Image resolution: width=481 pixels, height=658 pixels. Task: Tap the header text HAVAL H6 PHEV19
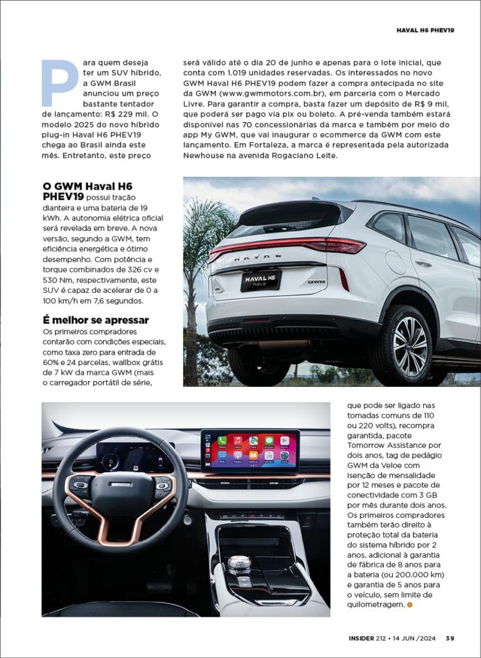[425, 30]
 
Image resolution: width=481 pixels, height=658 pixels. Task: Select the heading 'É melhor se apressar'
[95, 320]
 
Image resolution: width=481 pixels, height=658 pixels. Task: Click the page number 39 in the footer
[450, 638]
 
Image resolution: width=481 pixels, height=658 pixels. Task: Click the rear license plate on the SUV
[260, 281]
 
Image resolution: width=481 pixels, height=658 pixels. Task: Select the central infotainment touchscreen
[250, 451]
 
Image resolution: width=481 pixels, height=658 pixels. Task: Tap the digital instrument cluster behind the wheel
[134, 456]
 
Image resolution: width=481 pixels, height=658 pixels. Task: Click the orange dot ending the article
[410, 605]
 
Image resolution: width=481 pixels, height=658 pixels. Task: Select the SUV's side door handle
[423, 263]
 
